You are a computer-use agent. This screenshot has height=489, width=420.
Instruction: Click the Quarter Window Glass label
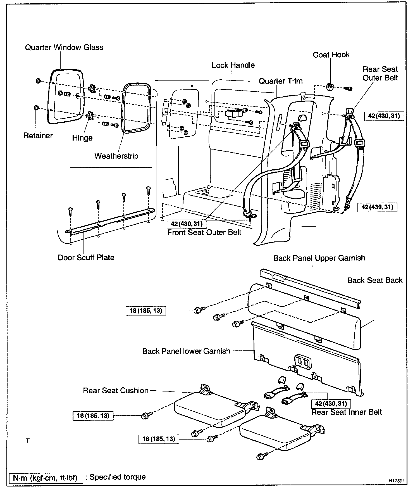point(64,47)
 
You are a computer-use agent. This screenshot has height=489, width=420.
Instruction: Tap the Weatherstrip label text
point(116,156)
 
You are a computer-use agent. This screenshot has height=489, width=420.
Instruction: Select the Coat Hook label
point(331,54)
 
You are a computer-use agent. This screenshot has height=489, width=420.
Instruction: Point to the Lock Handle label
point(233,65)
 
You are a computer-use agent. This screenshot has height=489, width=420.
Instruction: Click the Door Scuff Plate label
point(86,257)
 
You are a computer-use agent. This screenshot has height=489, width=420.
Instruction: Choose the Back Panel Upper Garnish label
point(319,258)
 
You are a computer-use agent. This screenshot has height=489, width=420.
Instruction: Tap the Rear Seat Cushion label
point(116,390)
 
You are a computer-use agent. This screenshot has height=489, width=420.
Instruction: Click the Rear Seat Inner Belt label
point(346,412)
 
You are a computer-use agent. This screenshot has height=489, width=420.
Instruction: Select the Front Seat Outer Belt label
point(204,232)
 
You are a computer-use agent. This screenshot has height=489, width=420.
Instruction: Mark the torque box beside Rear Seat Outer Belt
point(384,116)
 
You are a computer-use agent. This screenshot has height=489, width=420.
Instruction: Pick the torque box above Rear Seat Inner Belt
point(331,403)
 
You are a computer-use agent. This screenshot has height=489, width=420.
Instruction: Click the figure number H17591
point(396,481)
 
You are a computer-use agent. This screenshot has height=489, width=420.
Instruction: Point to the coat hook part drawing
point(330,87)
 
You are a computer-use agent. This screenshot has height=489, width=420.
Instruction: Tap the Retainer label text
point(38,136)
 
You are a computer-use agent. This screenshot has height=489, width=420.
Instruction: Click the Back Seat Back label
point(375,280)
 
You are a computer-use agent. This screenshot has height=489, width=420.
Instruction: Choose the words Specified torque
point(118,477)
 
